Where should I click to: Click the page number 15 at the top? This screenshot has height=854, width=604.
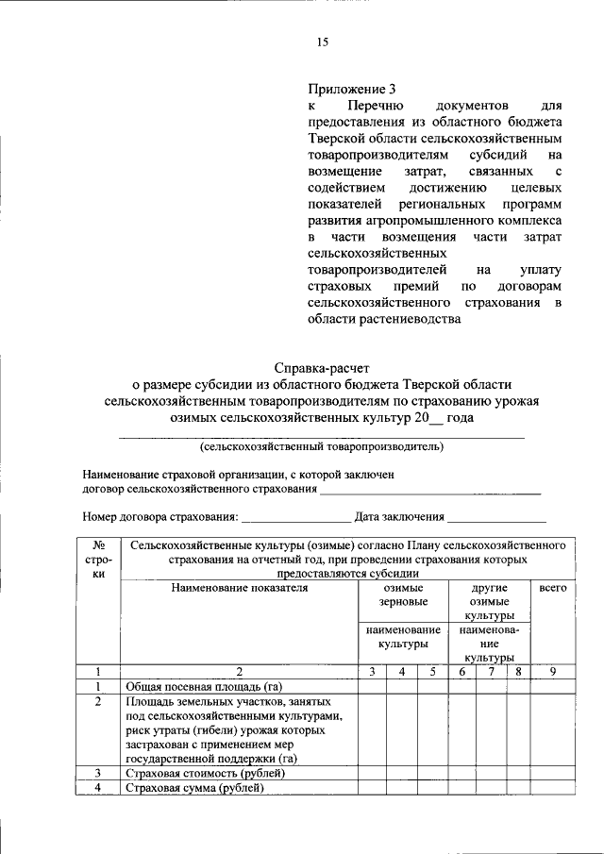(x=322, y=42)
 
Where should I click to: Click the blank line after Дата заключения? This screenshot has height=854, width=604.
(x=496, y=517)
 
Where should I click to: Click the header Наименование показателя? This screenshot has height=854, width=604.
(x=240, y=588)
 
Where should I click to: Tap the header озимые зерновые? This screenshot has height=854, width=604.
(x=403, y=594)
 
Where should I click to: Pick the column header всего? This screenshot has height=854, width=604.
(x=552, y=588)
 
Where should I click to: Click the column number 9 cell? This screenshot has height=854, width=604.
(x=552, y=672)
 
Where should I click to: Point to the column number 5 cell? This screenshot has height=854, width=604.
(x=432, y=672)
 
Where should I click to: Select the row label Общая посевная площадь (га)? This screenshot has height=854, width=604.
(x=204, y=686)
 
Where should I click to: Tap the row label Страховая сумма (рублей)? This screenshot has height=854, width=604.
(x=194, y=788)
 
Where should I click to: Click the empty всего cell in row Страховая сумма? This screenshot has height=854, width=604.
(x=552, y=788)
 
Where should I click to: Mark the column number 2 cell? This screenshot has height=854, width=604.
(x=240, y=672)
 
